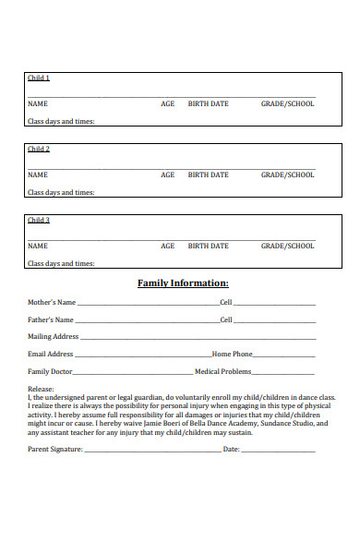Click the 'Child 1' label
[39, 78]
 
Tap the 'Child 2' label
[39, 149]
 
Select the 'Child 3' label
[39, 220]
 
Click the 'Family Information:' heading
[183, 283]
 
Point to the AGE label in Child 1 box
[167, 103]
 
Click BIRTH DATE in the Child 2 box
[209, 175]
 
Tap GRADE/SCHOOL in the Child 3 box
[287, 246]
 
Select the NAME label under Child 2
[38, 175]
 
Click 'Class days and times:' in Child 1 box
[61, 121]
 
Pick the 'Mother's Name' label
[52, 302]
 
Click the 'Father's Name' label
[52, 319]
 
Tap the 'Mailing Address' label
[53, 337]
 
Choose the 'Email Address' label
[50, 354]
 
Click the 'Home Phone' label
[233, 354]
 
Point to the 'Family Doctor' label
[50, 371]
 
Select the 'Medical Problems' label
[223, 371]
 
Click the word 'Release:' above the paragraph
[42, 390]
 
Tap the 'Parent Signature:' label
[55, 450]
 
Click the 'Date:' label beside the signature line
[231, 450]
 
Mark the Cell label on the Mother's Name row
[226, 302]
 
